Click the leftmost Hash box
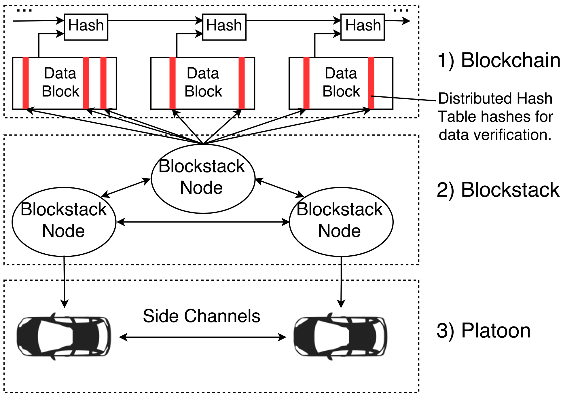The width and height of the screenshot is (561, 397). tap(86, 27)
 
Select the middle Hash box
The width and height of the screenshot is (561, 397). tap(224, 27)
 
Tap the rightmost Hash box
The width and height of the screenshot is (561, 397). tap(362, 27)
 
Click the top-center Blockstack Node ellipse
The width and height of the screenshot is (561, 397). tap(203, 178)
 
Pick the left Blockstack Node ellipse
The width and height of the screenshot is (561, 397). tap(64, 222)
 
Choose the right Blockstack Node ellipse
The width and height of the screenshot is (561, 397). tap(341, 222)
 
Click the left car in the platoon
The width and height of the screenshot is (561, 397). tap(64, 336)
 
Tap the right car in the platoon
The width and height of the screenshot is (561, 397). tap(340, 336)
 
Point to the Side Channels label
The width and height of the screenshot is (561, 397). tap(201, 316)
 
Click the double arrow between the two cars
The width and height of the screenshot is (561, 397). tap(202, 337)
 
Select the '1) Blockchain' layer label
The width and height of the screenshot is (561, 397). tap(499, 60)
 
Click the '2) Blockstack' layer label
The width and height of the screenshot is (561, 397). tap(498, 190)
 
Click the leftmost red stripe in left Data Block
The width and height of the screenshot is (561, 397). tap(26, 83)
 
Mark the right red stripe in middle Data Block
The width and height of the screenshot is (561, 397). tap(242, 83)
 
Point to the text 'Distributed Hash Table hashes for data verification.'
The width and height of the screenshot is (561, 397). tap(495, 117)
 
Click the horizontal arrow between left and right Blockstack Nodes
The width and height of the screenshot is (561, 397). tap(202, 222)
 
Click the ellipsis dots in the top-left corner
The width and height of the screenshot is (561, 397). tap(24, 11)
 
